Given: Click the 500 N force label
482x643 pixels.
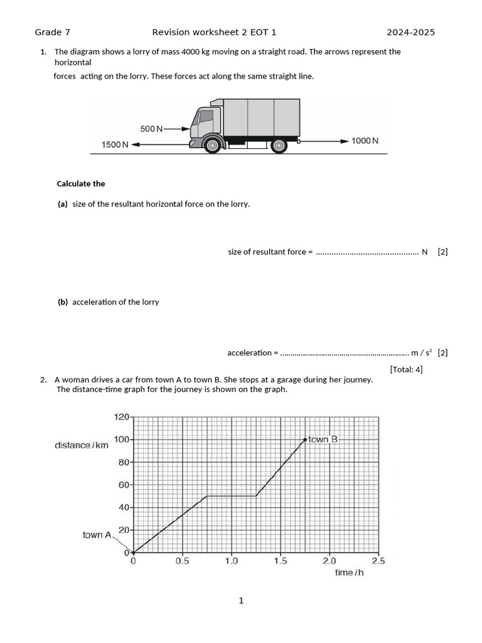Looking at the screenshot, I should (x=151, y=129).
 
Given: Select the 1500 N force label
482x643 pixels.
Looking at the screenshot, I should (x=115, y=145).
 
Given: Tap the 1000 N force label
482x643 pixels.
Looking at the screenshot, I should (x=365, y=141).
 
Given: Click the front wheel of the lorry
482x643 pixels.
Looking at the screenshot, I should (x=213, y=146).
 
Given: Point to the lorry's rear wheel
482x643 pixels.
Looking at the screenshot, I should (x=279, y=146).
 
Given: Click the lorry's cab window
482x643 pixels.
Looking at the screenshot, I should (x=206, y=116).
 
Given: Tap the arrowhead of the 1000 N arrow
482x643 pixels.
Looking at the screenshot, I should (x=345, y=141).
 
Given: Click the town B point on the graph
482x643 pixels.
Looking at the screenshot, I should (x=306, y=440).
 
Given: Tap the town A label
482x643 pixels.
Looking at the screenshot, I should (x=97, y=535).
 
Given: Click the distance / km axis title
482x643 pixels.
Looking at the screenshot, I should (x=82, y=445).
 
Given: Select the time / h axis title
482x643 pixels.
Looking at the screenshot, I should (x=349, y=573).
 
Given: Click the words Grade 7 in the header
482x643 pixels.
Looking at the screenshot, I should (x=48, y=33).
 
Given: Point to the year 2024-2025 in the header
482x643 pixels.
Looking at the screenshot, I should (x=410, y=33).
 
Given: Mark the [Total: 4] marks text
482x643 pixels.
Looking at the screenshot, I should (x=406, y=369).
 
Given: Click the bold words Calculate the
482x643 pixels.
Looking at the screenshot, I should (x=81, y=184).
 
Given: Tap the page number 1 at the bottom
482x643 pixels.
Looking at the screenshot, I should (x=241, y=601).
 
